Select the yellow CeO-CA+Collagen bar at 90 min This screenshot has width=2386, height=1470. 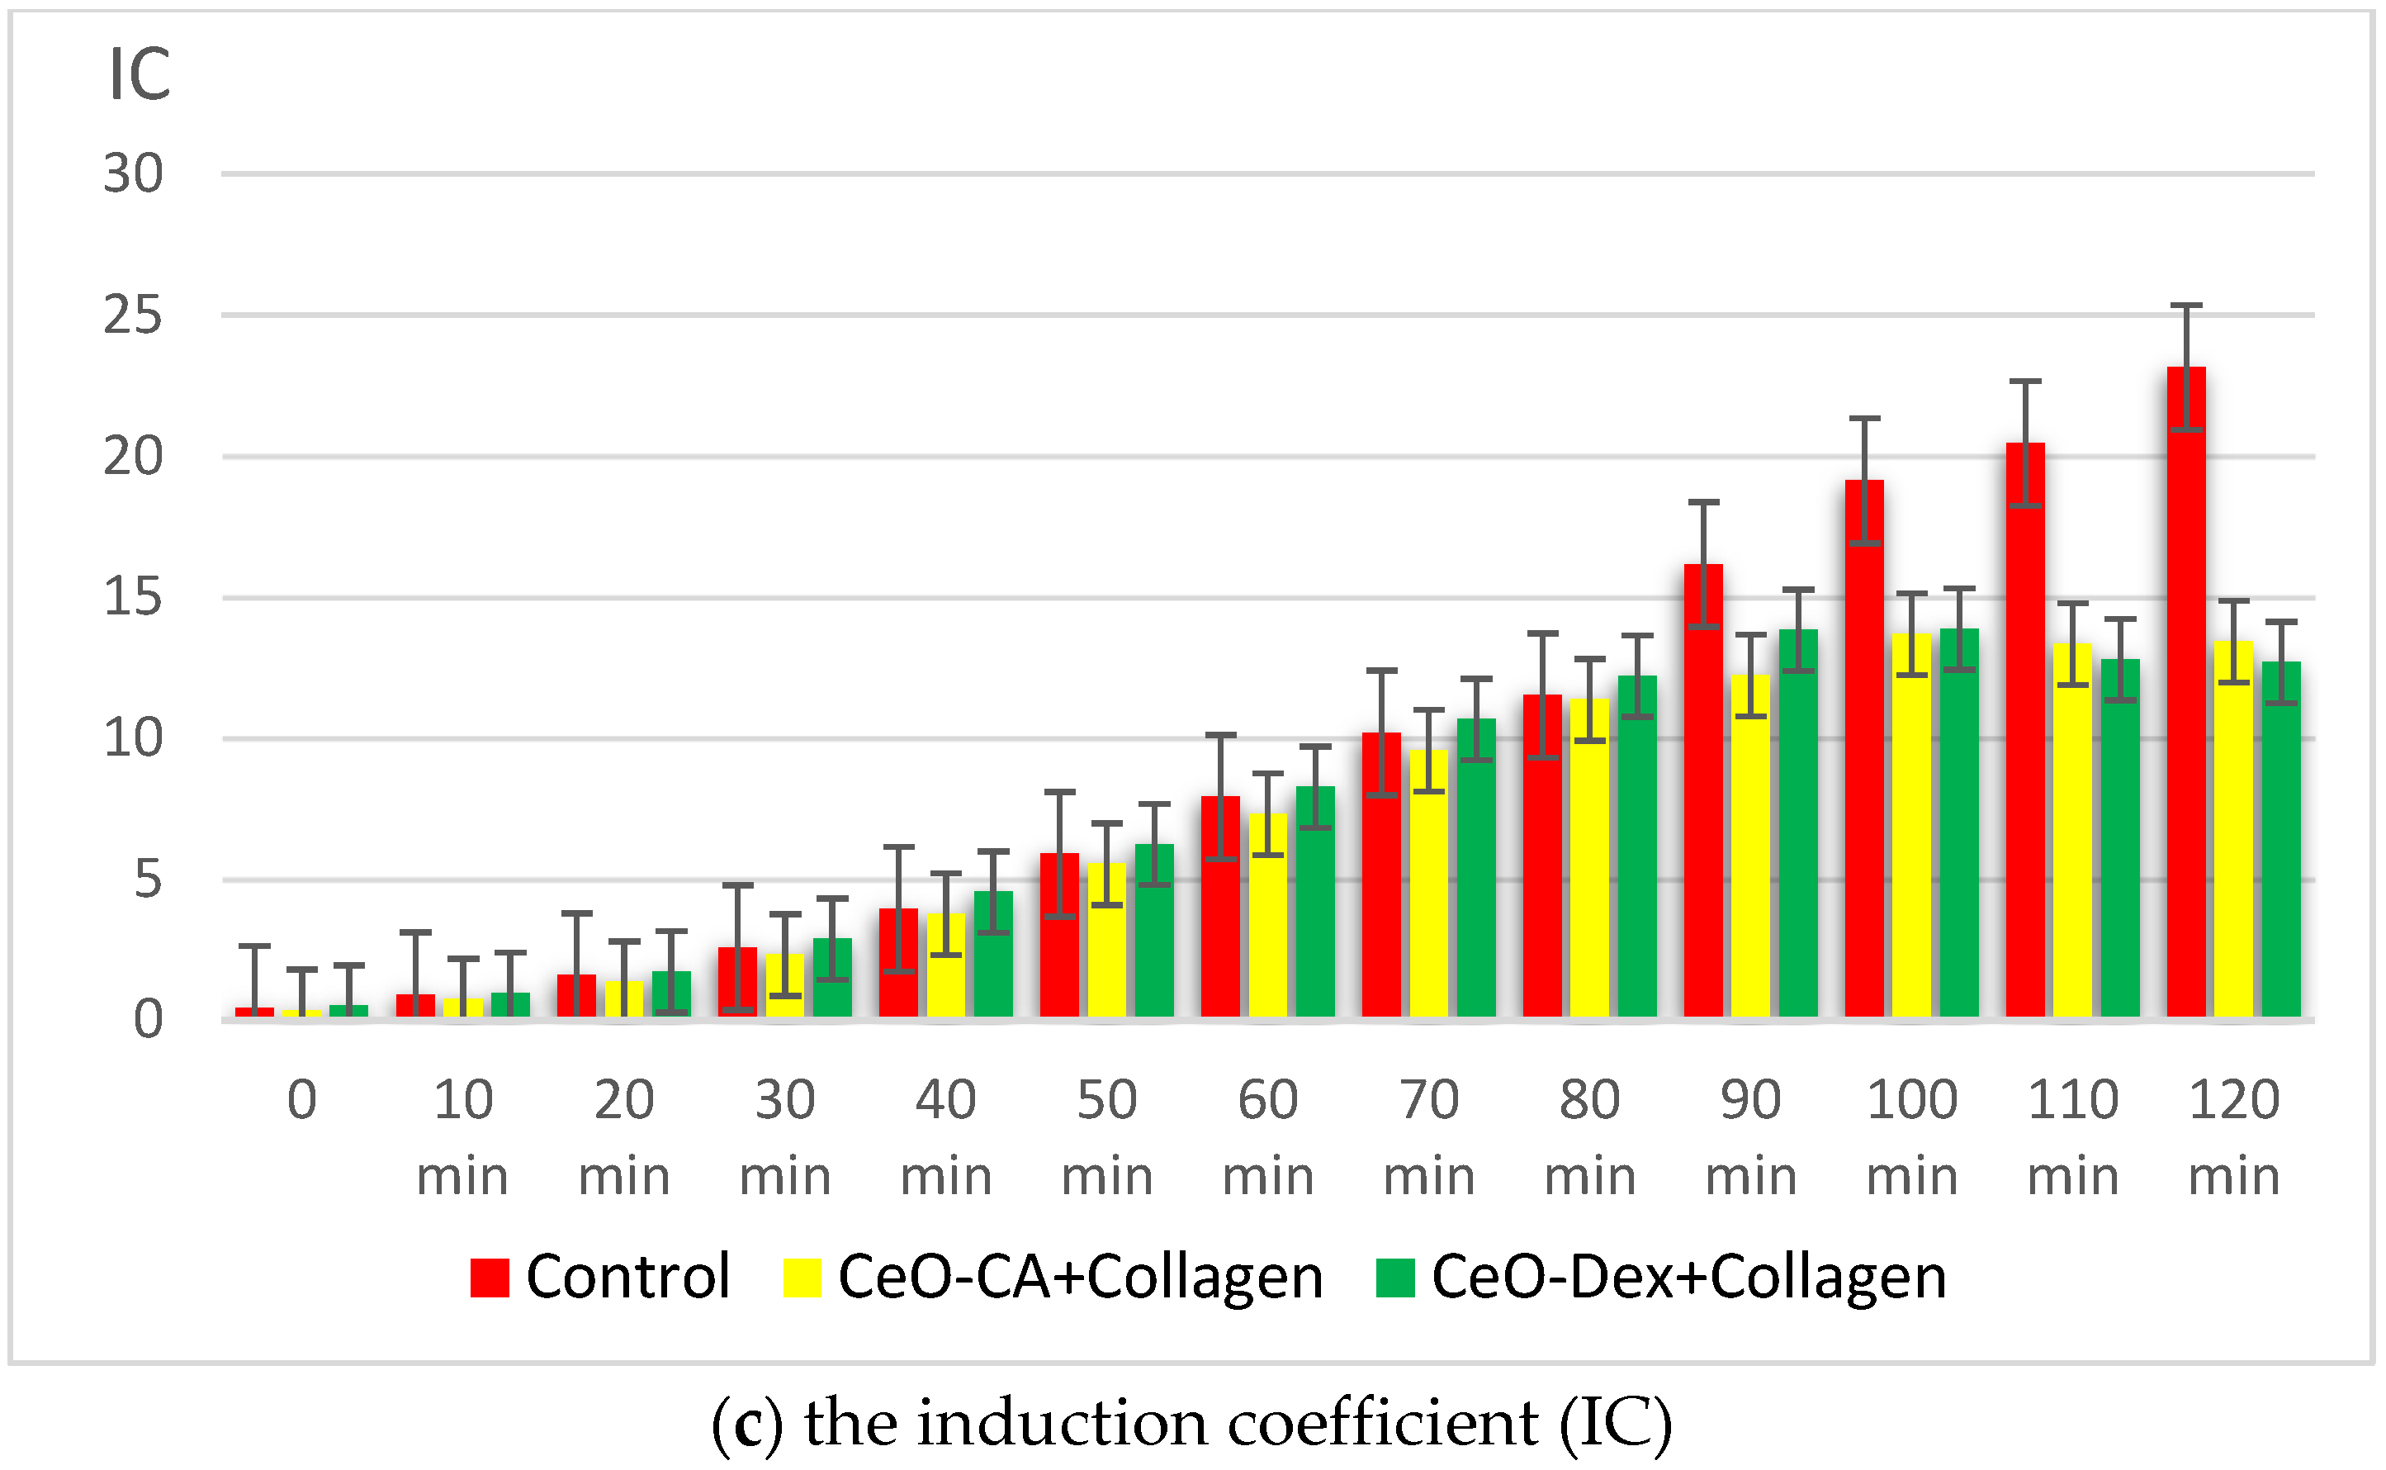[1750, 846]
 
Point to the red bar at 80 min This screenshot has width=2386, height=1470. [1542, 856]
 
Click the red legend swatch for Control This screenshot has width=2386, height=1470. [490, 1278]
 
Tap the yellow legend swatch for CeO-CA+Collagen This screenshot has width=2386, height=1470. [802, 1278]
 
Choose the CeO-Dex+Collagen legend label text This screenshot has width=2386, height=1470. [1689, 1277]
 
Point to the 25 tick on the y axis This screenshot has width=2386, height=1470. [133, 316]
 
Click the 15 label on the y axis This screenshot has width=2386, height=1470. [133, 597]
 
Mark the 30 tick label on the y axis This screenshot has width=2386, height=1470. [133, 175]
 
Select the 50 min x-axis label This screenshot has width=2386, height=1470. [1107, 1137]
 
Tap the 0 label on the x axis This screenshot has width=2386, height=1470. [302, 1101]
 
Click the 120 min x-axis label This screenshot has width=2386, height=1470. [2233, 1137]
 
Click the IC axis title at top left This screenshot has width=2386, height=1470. [139, 75]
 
